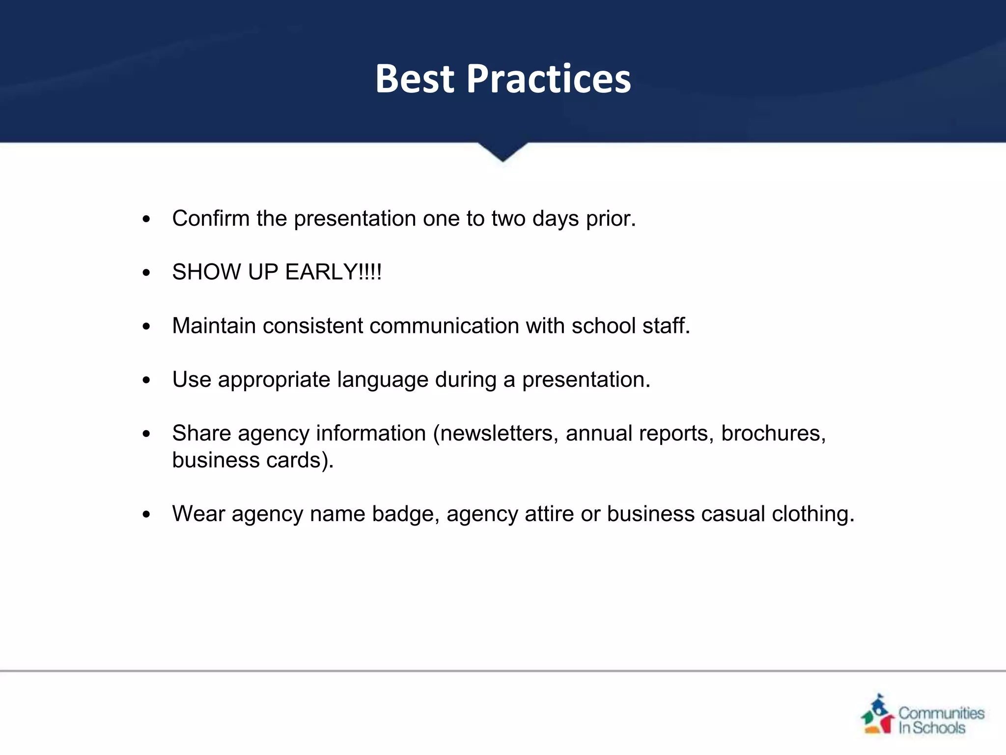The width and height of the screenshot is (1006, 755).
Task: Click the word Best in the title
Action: coord(415,79)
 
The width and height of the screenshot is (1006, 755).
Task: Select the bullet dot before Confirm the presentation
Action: coord(146,219)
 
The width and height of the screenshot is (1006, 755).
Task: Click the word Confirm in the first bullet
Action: coord(211,218)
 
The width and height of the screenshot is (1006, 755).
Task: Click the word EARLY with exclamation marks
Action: coord(333,272)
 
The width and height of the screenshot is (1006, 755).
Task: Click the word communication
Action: coord(444,326)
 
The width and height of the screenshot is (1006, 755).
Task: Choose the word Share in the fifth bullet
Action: coord(201,433)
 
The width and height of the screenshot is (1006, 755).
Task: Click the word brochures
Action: coord(773,433)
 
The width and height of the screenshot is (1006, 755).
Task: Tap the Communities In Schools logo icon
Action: coord(878,715)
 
